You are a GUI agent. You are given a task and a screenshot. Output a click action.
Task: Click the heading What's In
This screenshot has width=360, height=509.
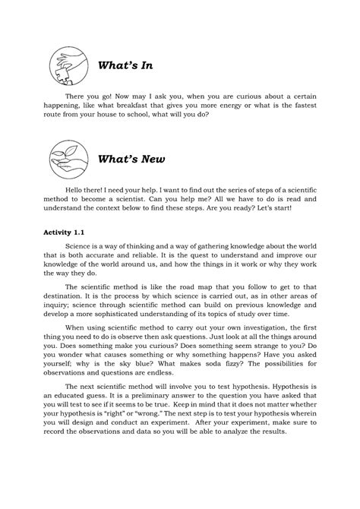click(125, 65)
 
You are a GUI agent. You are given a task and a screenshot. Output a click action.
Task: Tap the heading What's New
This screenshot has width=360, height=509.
click(131, 160)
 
